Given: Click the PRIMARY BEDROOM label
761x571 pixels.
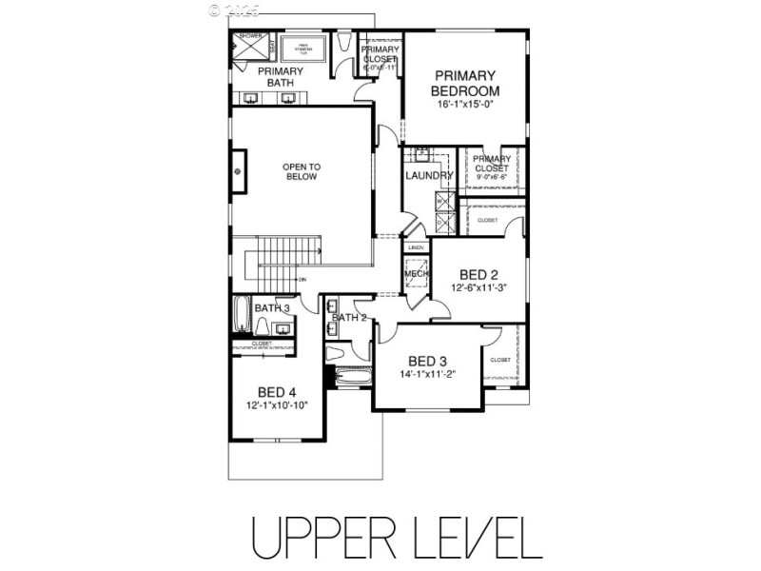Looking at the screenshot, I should pos(466,83).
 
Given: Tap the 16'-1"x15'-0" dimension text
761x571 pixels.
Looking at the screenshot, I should pos(466,104).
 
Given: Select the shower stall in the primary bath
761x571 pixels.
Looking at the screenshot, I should pos(251,48).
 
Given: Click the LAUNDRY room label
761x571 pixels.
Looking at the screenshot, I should pos(428,175).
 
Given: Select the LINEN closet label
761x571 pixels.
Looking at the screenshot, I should pos(416,247).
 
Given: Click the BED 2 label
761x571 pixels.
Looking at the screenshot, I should pos(479,271).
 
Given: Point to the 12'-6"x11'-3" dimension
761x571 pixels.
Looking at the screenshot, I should pos(479,287).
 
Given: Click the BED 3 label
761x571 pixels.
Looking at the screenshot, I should pos(428,361).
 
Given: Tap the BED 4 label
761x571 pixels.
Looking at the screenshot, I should pos(277,390).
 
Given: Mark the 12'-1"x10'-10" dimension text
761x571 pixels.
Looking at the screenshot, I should pos(277,404).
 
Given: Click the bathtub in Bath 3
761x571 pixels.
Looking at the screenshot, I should pos(242,313).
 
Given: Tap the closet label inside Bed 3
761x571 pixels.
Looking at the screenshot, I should pos(500,361).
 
